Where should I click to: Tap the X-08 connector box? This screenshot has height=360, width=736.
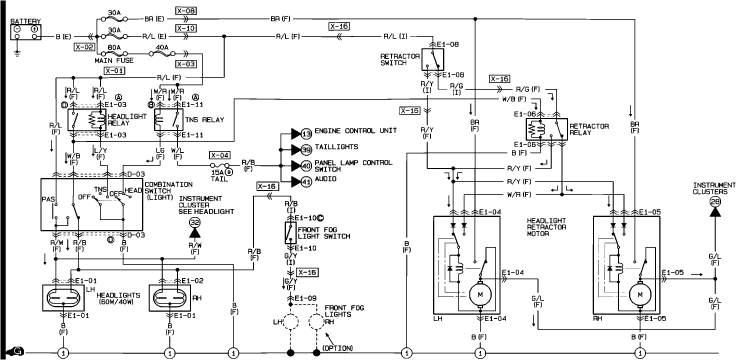185,9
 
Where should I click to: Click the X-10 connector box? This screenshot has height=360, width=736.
185,28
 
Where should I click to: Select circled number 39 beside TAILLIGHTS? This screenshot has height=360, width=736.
306,149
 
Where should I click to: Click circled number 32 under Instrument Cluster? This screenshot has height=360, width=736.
194,222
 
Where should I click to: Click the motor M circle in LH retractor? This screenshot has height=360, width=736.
480,294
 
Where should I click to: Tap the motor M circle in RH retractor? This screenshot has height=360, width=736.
639,294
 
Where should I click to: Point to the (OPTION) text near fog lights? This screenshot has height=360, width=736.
337,348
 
